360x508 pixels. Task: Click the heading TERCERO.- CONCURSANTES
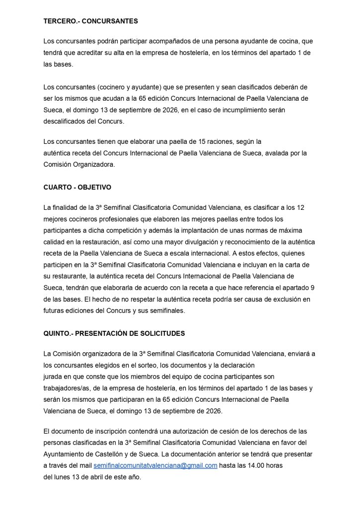coord(90,21)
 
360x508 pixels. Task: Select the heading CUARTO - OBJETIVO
coord(77,188)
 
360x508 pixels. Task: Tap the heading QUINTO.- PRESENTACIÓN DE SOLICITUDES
coord(114,333)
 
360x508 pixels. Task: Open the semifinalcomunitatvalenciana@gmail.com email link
coord(155,465)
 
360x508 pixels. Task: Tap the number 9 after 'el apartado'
coord(312,288)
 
